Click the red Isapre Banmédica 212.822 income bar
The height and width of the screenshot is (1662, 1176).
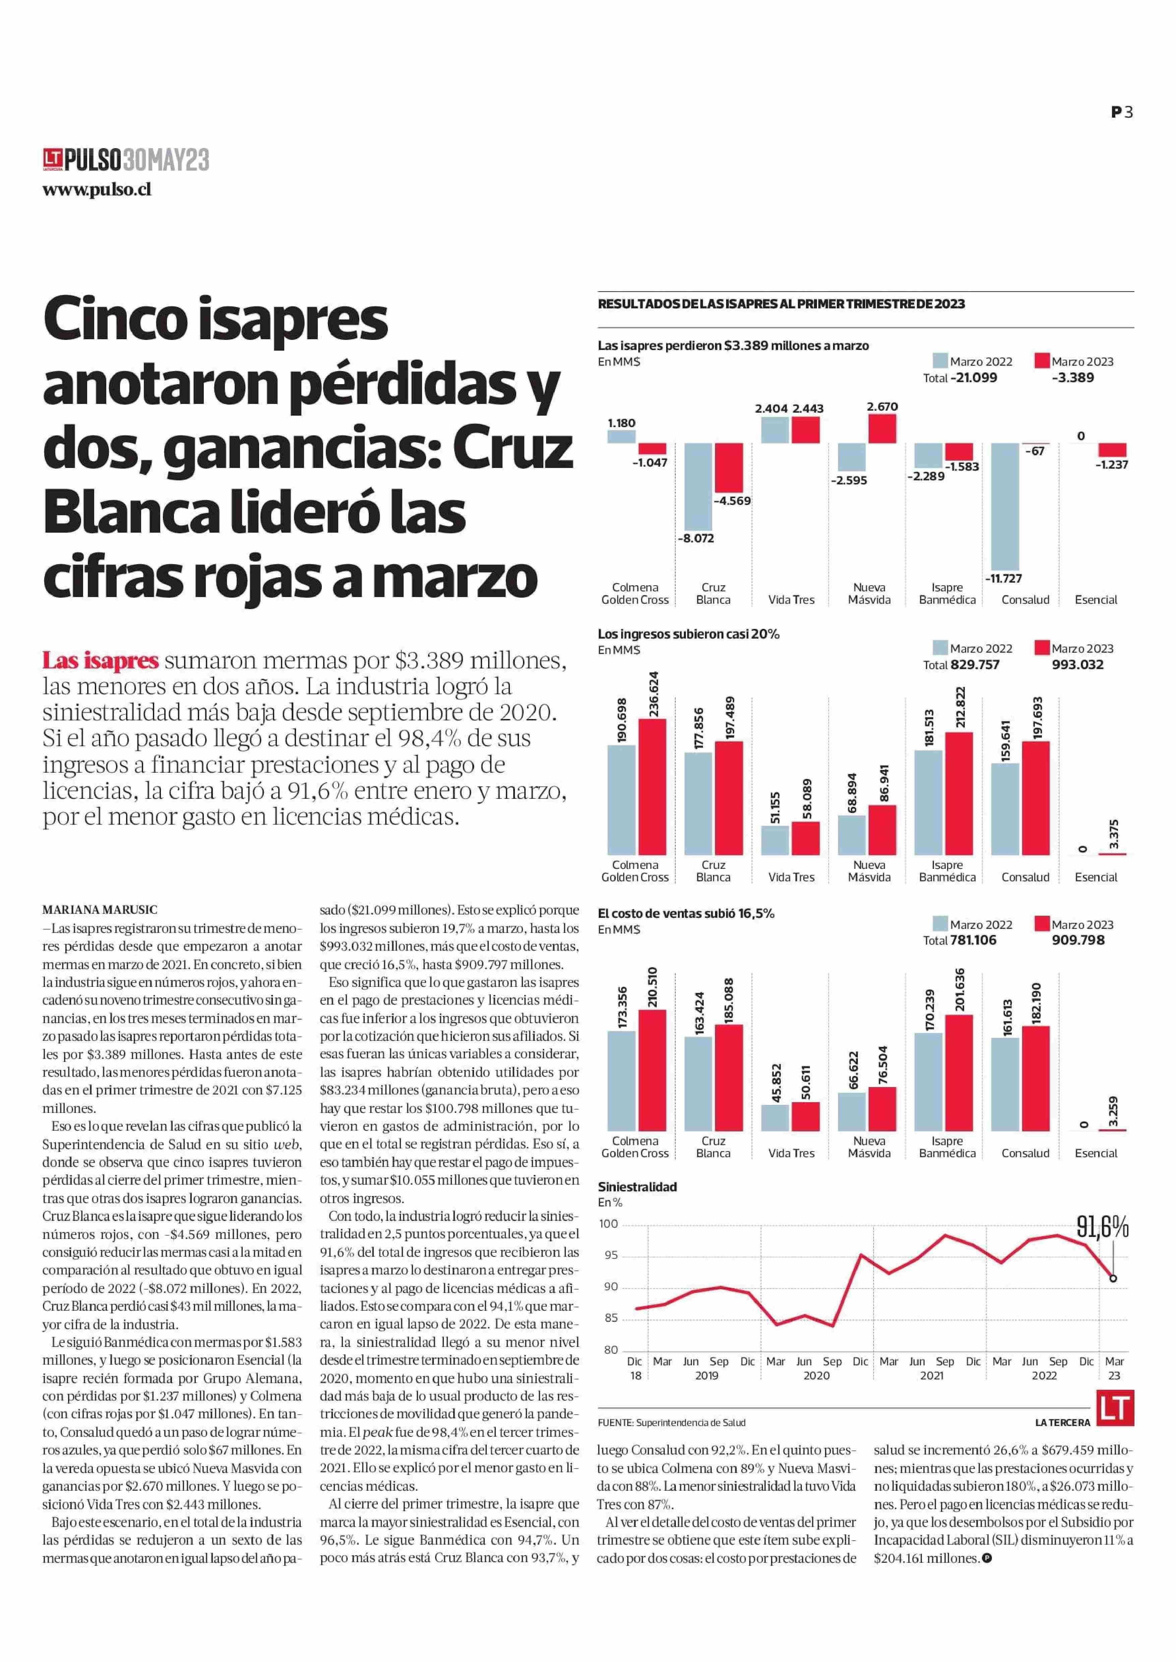tap(959, 794)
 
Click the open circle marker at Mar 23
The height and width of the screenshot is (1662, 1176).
tap(1113, 1278)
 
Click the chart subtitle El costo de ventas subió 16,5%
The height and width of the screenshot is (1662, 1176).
tap(686, 913)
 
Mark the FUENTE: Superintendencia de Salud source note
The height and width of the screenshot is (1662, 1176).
tap(671, 1422)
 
